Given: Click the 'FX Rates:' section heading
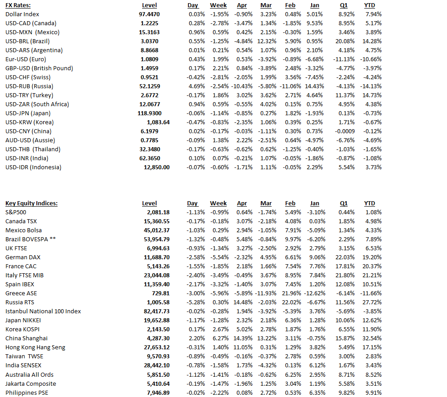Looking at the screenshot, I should click(x=18, y=5).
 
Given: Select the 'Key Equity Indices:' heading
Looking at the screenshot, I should click(x=31, y=203).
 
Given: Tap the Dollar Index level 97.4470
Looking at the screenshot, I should click(x=149, y=14).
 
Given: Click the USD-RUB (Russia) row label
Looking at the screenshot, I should click(x=29, y=86).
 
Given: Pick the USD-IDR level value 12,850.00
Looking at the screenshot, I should click(x=156, y=167).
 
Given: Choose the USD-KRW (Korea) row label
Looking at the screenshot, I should click(x=29, y=122).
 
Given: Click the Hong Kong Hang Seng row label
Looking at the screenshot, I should click(x=35, y=347).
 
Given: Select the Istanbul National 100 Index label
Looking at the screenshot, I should click(x=43, y=311).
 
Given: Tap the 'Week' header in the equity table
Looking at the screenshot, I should click(x=218, y=203).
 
